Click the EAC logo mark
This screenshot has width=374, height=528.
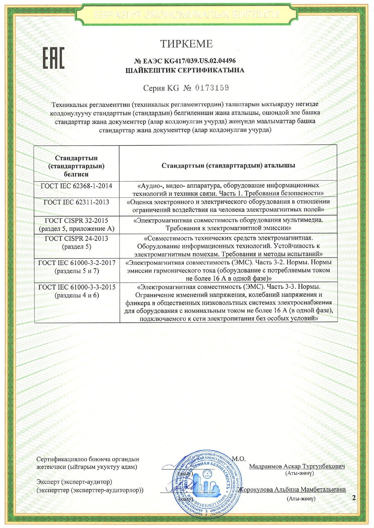coord(53,58)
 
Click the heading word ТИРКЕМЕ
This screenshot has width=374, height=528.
coord(186,44)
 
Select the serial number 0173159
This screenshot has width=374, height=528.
coord(212,88)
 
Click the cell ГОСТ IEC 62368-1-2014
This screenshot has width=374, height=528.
coord(76,186)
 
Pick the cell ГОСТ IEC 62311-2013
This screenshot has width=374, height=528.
coord(76,202)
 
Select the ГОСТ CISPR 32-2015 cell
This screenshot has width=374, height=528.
coord(76,224)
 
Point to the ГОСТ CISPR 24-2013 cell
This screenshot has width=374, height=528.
coord(76,242)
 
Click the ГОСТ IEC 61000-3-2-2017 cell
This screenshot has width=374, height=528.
coord(77,267)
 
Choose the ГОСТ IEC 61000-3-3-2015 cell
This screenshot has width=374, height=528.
coord(77,291)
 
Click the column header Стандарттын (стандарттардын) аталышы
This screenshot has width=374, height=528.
coord(228,166)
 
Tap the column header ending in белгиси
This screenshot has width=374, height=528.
coord(76,166)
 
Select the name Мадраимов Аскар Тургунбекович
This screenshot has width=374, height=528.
coord(297,466)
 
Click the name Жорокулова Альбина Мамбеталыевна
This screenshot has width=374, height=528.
coord(292,489)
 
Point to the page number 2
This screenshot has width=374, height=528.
coord(354,498)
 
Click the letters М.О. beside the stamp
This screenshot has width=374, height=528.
coord(239,459)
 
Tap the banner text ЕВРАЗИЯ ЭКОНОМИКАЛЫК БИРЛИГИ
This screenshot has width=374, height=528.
coord(186,14)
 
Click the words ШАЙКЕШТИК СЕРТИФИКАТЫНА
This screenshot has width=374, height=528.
coord(185,70)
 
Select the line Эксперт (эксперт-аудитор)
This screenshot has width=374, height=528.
coord(74,482)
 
